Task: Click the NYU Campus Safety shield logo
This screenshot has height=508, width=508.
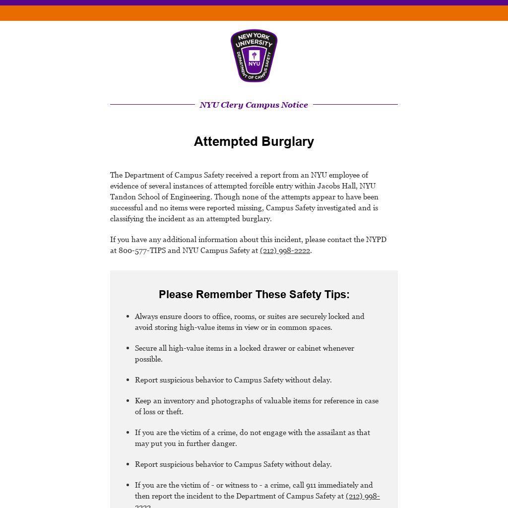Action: click(254, 56)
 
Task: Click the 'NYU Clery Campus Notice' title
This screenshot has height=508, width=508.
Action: click(254, 105)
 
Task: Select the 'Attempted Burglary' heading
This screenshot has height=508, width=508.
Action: click(254, 141)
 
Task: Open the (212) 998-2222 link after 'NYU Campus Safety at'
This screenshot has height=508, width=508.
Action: click(285, 251)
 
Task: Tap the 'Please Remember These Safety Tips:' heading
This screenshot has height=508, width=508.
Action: click(254, 294)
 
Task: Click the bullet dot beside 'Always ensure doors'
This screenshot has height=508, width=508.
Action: click(128, 317)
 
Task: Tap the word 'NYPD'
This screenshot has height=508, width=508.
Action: click(376, 240)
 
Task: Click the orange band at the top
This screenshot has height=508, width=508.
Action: click(254, 13)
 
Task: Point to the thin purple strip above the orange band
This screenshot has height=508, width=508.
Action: click(254, 2)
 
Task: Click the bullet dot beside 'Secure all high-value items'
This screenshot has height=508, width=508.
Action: click(128, 348)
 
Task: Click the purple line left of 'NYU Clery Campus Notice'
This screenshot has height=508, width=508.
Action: click(152, 105)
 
